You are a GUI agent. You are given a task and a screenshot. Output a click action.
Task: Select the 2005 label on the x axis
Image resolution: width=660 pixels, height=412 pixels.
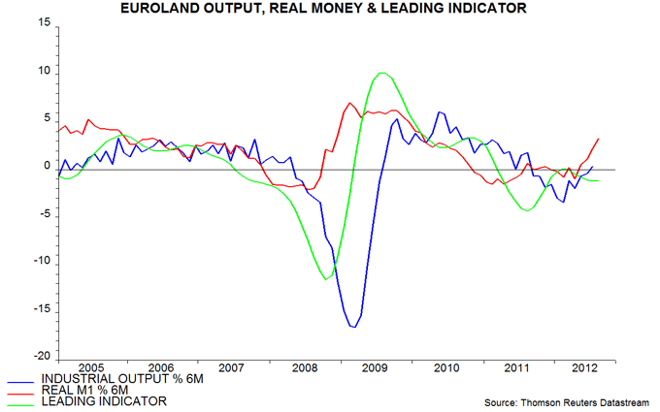(92, 368)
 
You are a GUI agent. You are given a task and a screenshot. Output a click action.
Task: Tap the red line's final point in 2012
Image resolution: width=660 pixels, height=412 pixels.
(599, 140)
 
